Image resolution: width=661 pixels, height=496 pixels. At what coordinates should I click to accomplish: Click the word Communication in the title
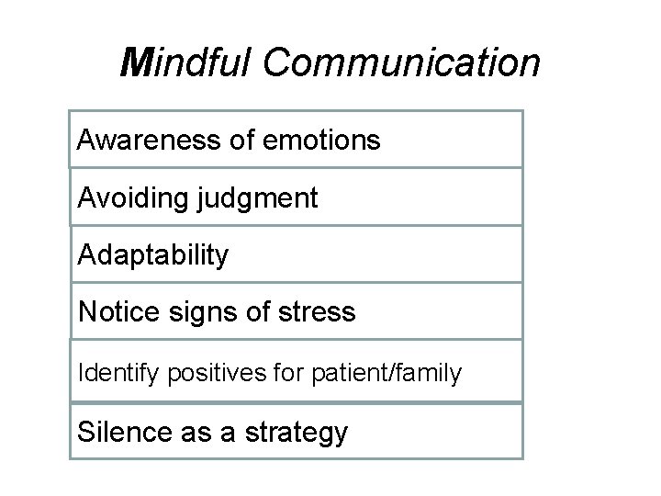click(401, 62)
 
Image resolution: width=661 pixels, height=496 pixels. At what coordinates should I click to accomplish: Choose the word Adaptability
click(153, 255)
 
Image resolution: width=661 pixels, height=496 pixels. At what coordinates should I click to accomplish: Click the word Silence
click(125, 431)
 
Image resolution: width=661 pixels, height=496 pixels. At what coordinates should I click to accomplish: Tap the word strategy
click(295, 432)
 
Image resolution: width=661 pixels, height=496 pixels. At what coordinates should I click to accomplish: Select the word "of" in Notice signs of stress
click(263, 312)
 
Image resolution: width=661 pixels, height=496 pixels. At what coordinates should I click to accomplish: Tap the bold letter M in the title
click(138, 62)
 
